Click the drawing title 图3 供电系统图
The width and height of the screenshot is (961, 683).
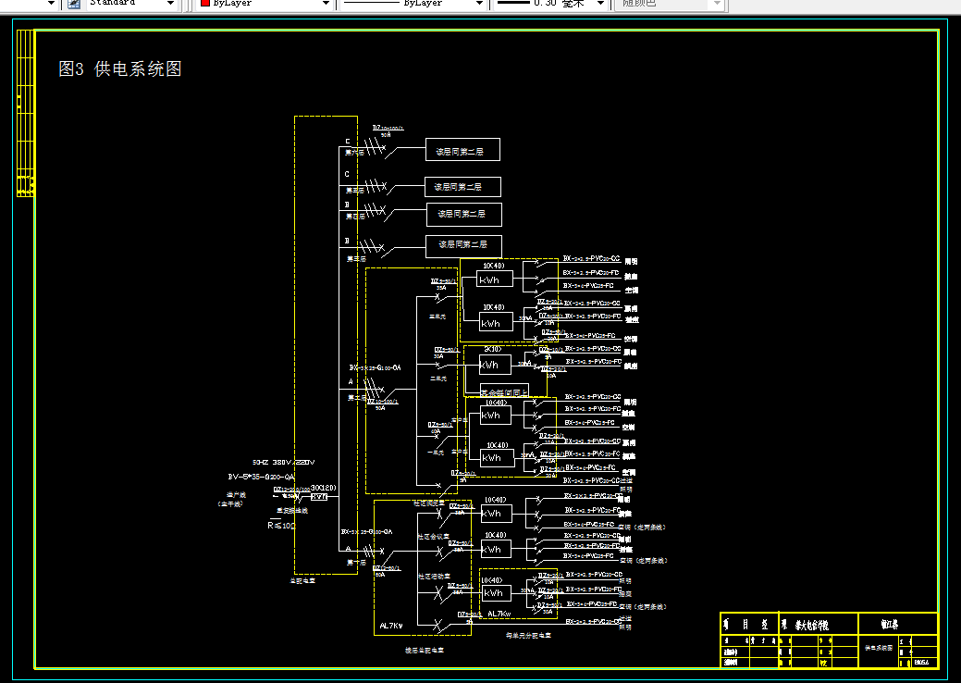pyautogui.click(x=119, y=69)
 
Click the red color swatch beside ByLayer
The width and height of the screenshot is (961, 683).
pyautogui.click(x=205, y=4)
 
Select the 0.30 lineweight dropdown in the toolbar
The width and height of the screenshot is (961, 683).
pyautogui.click(x=549, y=4)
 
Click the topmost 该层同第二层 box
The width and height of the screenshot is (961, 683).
pyautogui.click(x=462, y=150)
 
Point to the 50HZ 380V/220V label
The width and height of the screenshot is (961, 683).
pyautogui.click(x=283, y=462)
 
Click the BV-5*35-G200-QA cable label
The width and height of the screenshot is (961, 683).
pyautogui.click(x=261, y=476)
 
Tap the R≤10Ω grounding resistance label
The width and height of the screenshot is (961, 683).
pyautogui.click(x=281, y=525)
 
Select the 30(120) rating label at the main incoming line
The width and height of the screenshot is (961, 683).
pyautogui.click(x=323, y=488)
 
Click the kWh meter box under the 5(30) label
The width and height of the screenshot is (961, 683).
pyautogui.click(x=493, y=366)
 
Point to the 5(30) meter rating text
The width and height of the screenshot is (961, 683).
pyautogui.click(x=493, y=350)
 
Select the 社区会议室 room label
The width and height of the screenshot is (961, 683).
pyautogui.click(x=433, y=536)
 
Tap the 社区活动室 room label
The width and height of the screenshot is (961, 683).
pyautogui.click(x=433, y=577)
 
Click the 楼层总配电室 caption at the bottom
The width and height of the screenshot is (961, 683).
pyautogui.click(x=425, y=651)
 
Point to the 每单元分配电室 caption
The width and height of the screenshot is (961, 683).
pyautogui.click(x=528, y=637)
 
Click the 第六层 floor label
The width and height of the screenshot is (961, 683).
pyautogui.click(x=355, y=152)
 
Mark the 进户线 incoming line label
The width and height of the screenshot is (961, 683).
pyautogui.click(x=237, y=495)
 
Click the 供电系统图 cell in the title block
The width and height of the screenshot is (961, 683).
pyautogui.click(x=879, y=649)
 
